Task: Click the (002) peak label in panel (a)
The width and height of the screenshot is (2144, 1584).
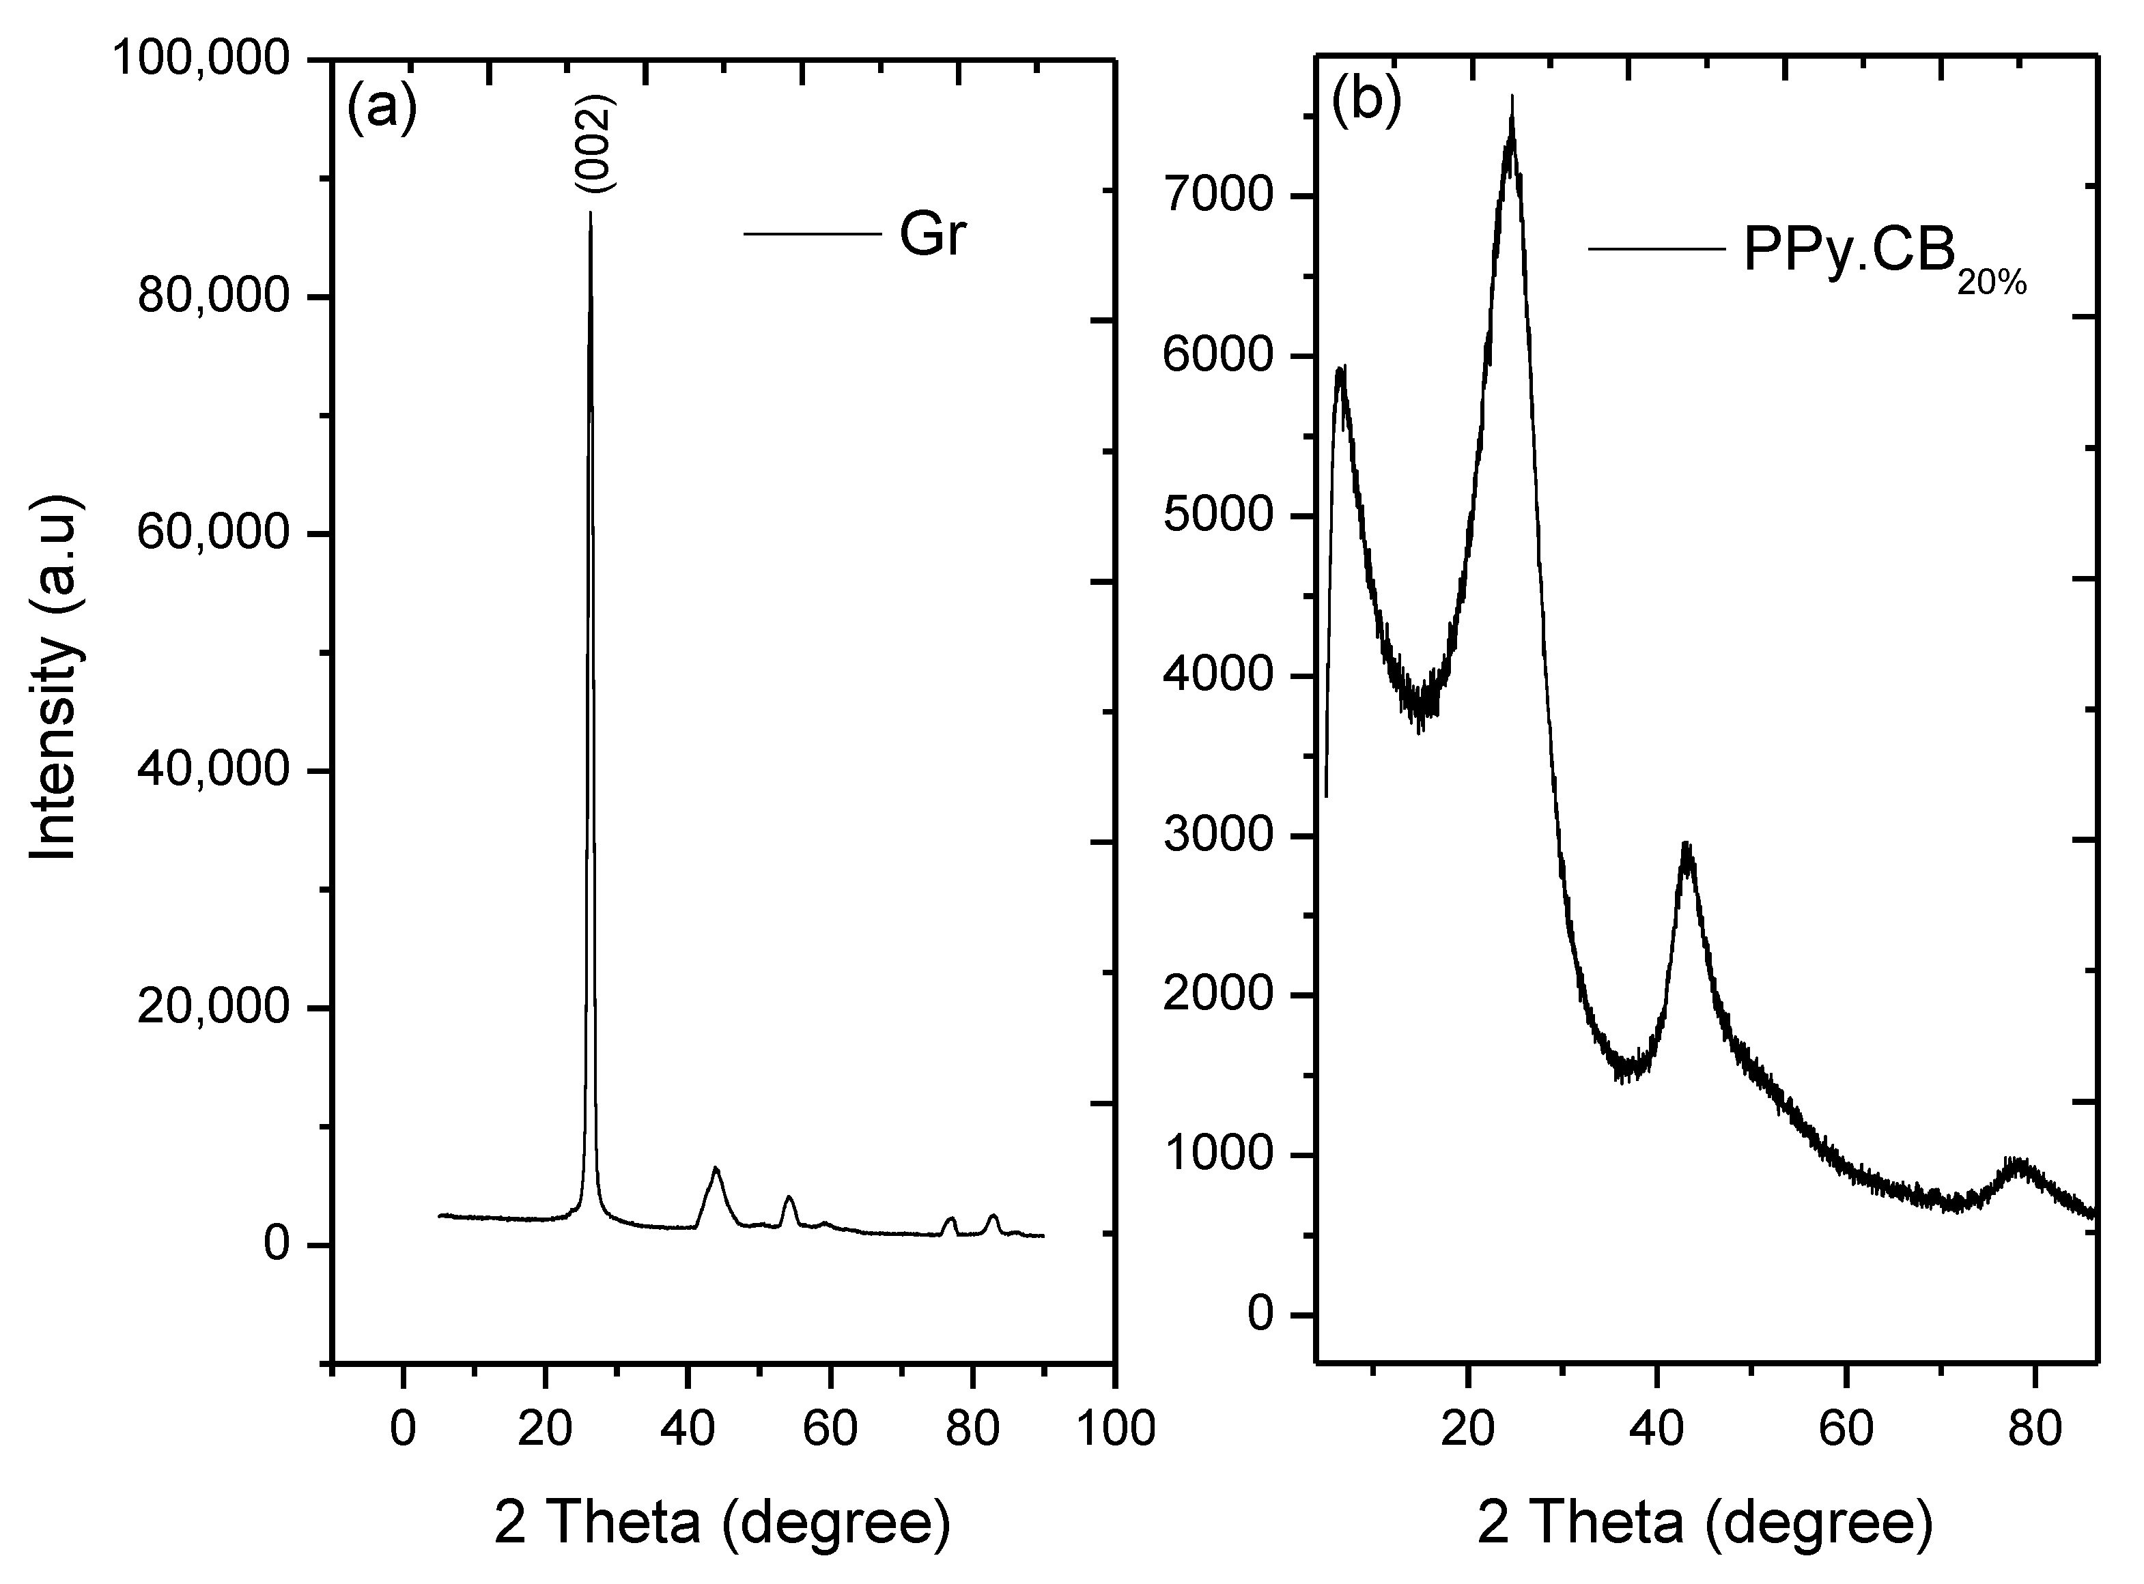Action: (x=595, y=144)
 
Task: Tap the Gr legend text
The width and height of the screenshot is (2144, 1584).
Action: (x=931, y=235)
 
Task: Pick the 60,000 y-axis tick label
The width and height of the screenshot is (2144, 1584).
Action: (x=213, y=533)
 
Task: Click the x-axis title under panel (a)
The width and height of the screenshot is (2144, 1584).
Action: (x=722, y=1523)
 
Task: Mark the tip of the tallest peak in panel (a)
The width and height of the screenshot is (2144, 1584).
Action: (x=590, y=213)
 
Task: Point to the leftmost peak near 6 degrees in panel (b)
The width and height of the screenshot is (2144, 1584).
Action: (x=1340, y=369)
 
